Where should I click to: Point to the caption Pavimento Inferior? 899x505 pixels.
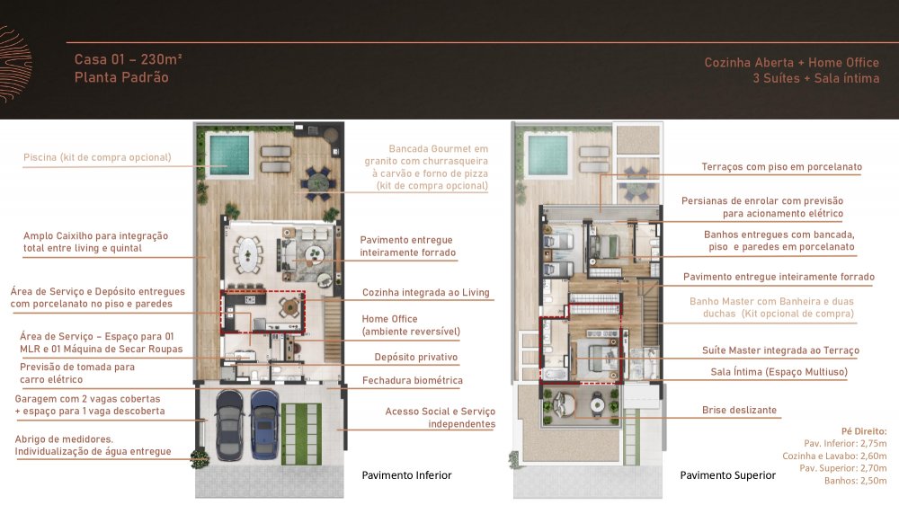tap(406, 475)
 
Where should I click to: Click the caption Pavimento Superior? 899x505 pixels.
tap(727, 475)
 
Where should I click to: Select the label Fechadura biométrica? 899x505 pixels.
tap(412, 380)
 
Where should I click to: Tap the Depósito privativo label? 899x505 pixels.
tap(416, 357)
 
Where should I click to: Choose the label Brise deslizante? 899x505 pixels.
tap(739, 411)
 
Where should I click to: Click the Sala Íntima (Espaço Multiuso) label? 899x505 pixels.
tap(775, 371)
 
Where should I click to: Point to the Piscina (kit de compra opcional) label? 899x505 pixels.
tap(97, 157)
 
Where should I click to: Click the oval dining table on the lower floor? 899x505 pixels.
tap(245, 253)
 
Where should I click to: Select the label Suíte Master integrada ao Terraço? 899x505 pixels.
tap(780, 350)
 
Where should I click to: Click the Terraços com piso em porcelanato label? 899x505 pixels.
tap(781, 167)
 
